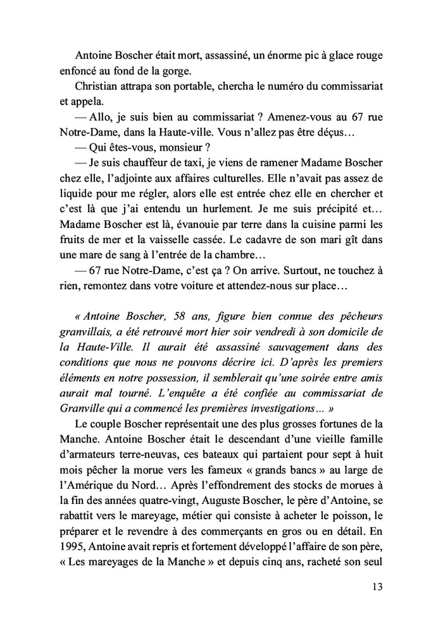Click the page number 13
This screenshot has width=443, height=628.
[377, 586]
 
